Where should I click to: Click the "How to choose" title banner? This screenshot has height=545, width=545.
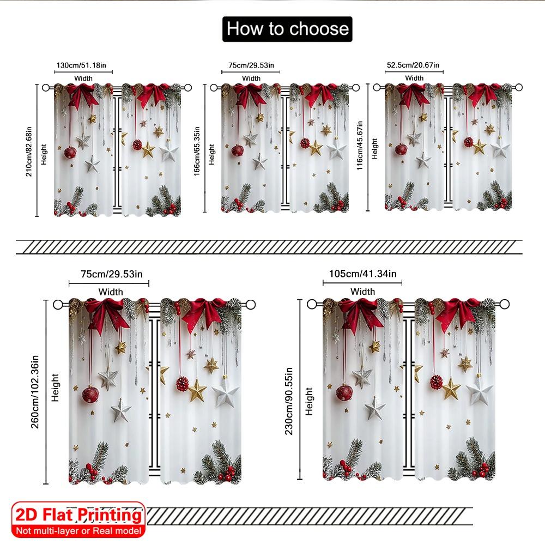[x=287, y=28]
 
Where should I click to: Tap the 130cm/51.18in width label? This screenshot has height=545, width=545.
[x=84, y=65]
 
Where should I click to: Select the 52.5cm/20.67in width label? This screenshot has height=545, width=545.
[x=414, y=65]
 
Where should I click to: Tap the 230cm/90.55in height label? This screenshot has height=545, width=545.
[x=289, y=391]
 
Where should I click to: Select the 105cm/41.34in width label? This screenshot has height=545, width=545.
[x=362, y=273]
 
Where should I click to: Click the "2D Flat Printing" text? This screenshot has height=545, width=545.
[x=77, y=515]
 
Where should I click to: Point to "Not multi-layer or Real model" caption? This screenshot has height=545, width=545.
[x=77, y=530]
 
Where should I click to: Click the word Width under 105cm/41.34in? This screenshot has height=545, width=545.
[x=362, y=292]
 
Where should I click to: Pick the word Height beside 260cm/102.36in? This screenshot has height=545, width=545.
[x=55, y=388]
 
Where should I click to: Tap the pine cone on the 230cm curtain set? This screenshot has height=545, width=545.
[x=437, y=381]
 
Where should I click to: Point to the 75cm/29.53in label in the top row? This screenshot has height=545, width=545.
[x=251, y=65]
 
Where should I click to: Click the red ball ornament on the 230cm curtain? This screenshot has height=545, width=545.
[x=344, y=392]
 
